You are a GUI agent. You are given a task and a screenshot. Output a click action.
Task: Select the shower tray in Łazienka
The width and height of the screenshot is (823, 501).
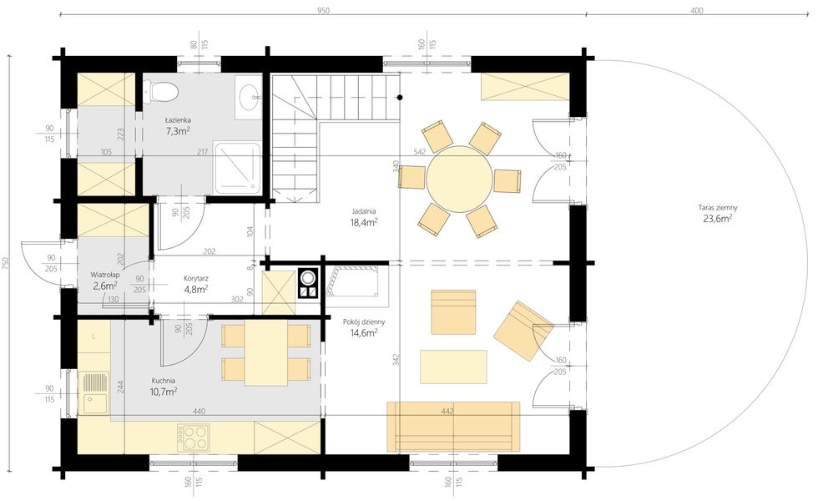coord(237,167)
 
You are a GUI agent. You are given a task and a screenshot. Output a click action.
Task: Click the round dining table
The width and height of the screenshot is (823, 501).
coord(459,179)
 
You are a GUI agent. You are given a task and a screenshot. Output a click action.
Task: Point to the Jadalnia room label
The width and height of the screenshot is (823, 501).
coord(364,211)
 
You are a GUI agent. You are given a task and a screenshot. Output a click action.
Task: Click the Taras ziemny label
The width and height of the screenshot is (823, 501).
coord(718,208)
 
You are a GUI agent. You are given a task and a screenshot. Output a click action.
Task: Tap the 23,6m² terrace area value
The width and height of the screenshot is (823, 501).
coord(718,219)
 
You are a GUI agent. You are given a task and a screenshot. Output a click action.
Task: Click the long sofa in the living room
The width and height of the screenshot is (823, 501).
coord(453,427)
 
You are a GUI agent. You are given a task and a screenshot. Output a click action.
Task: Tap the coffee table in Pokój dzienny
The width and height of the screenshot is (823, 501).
coord(453,367)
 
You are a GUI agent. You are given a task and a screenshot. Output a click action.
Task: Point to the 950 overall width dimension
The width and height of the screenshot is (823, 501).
coord(323,11)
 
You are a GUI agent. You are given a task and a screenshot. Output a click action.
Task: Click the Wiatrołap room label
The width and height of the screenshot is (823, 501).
coord(105,275)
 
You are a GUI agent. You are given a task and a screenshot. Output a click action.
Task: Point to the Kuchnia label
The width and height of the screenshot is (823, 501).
coord(164,381)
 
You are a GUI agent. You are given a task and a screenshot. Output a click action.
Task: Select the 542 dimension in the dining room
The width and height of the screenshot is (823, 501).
coord(419,152)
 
